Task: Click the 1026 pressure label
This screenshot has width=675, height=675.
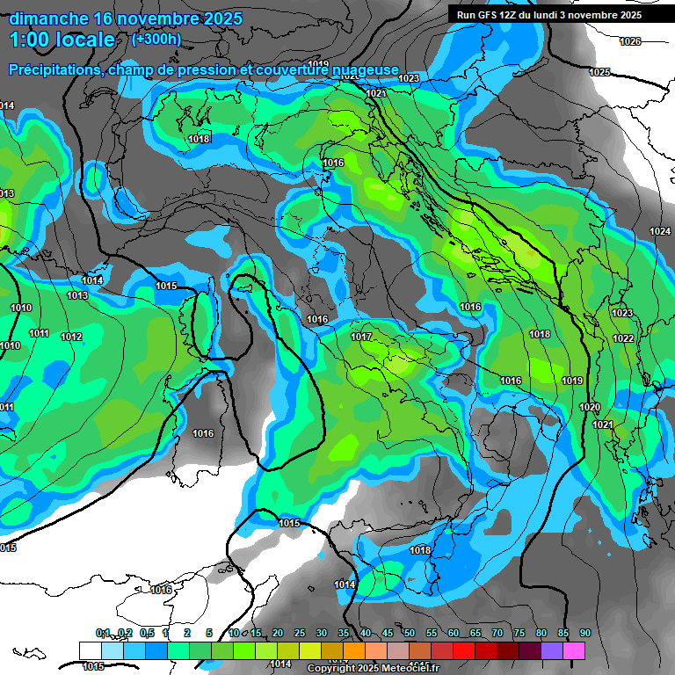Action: (630, 42)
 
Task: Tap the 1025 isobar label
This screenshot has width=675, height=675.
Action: (599, 72)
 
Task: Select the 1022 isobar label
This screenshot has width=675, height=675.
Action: (623, 338)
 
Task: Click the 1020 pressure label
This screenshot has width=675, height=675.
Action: (590, 408)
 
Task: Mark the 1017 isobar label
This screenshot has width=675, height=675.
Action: (361, 337)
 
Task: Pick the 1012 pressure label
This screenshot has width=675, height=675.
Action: (71, 337)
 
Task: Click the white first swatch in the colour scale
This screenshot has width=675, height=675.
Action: (90, 650)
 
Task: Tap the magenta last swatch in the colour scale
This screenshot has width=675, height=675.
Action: (574, 650)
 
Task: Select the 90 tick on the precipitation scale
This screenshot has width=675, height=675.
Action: (584, 633)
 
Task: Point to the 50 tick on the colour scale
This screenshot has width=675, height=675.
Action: (410, 633)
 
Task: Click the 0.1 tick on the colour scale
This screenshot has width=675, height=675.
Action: (103, 633)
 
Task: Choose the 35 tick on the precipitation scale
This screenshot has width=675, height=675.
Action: (344, 633)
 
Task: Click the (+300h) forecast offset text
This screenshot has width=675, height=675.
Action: (156, 39)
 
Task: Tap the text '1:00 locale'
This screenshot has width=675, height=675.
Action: (62, 40)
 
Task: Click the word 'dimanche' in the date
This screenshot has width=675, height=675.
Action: (48, 18)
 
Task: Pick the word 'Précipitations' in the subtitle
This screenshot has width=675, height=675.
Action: (53, 69)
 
